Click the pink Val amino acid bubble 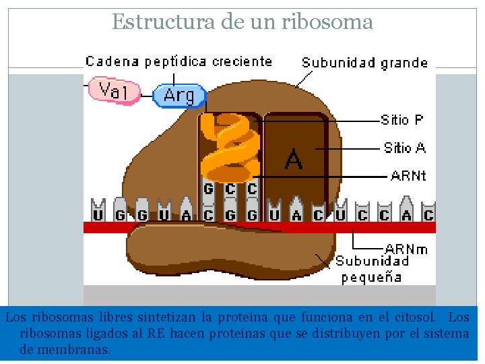click(x=113, y=90)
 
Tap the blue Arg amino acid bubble click(x=179, y=95)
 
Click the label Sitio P click(x=402, y=120)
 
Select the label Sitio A click(x=404, y=148)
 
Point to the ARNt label click(x=408, y=176)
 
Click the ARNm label click(x=406, y=249)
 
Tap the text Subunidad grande click(x=364, y=63)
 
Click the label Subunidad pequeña click(x=372, y=269)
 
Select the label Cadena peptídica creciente click(x=179, y=61)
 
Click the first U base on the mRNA click(x=98, y=216)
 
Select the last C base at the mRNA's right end click(x=428, y=216)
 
